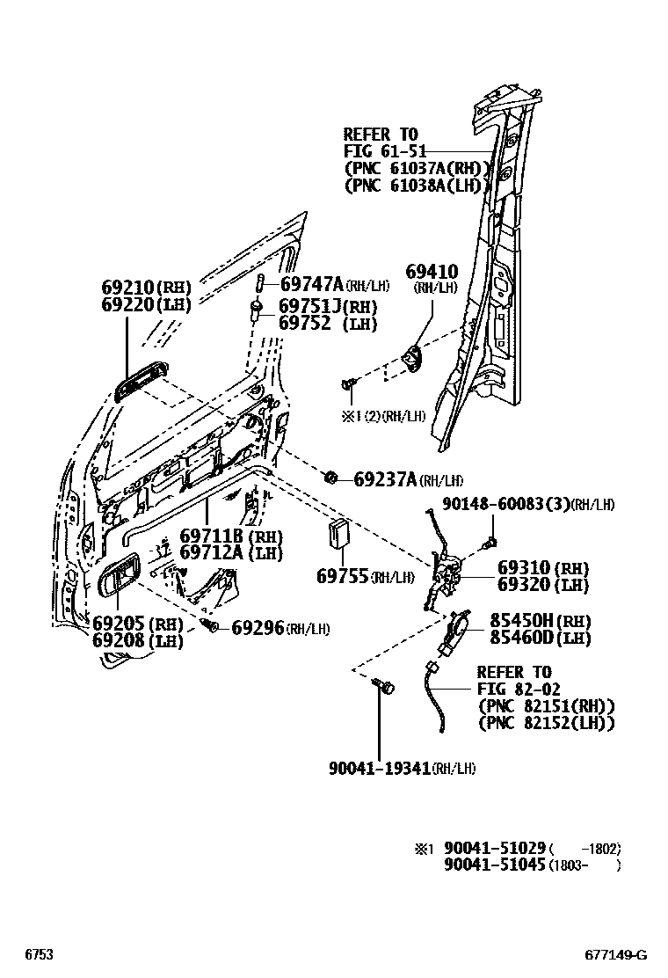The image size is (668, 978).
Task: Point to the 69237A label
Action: pos(384,479)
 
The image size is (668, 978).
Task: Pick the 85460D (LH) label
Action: pos(527,639)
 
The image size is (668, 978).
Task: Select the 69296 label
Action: pos(258,628)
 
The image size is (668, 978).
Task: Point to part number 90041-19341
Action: pos(380,768)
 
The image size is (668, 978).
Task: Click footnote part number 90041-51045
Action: pos(495,865)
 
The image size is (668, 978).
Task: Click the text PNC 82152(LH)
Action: pos(545,723)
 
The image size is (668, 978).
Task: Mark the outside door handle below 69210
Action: pos(140,384)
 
